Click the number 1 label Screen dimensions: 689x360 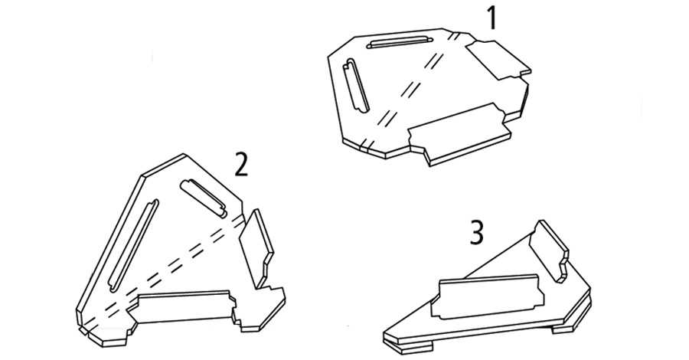491,18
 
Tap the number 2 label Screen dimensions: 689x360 241,165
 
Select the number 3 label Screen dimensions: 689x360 477,233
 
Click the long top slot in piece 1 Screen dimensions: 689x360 400,43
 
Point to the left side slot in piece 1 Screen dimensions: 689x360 356,85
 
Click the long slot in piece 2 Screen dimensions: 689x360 133,246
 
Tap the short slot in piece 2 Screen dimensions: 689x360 204,198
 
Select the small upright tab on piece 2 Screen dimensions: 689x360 256,249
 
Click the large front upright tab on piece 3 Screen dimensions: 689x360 488,296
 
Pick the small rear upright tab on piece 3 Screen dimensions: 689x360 549,250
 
